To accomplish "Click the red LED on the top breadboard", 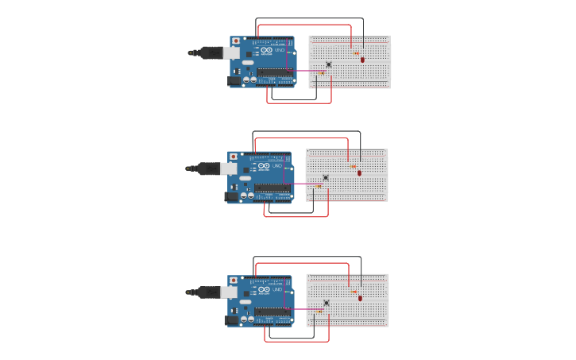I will click(x=362, y=59).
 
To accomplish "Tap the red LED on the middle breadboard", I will click(x=359, y=172).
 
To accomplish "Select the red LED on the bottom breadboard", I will click(x=360, y=298).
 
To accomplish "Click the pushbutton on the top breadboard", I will click(x=329, y=64).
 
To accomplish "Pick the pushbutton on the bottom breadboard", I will click(x=327, y=303).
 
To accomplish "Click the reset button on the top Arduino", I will click(x=236, y=41).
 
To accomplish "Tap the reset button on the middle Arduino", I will click(x=233, y=157).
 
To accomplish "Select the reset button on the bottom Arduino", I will click(x=234, y=281).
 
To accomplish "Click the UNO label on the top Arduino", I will click(x=279, y=50).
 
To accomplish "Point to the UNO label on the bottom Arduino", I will click(x=276, y=290).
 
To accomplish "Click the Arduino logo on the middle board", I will click(x=264, y=166).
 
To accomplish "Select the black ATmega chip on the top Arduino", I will click(x=273, y=72).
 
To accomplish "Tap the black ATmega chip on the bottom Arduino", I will click(x=271, y=312).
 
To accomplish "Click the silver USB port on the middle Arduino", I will click(x=229, y=168).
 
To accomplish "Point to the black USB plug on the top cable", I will click(x=211, y=52).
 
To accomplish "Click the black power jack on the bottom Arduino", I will click(x=232, y=320).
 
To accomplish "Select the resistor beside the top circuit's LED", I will click(x=355, y=53).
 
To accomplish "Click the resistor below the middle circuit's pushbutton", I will click(x=319, y=187).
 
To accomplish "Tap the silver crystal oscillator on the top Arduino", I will click(x=248, y=62).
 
